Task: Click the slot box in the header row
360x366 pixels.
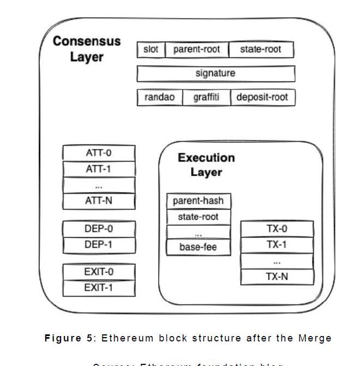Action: coord(151,50)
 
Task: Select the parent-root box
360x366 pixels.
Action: coord(196,50)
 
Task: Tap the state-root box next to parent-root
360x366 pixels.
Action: coord(261,50)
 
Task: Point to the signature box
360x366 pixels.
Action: coord(215,73)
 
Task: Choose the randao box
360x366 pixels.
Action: coord(159,97)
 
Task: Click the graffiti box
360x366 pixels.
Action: coord(206,97)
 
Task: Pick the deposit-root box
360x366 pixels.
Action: coord(262,97)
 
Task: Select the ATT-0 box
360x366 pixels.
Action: coord(99,153)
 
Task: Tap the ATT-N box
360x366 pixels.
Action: coord(99,201)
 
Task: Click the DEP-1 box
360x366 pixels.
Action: coord(99,245)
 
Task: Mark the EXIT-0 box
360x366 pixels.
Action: coord(99,272)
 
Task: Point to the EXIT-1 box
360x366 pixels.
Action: coord(99,287)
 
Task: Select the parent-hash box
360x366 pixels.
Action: coord(198,201)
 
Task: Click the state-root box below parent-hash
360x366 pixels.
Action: coord(198,217)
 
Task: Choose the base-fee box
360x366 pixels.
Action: coord(198,247)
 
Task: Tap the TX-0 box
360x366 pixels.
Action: coord(277,229)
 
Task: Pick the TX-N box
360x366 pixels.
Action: coord(277,277)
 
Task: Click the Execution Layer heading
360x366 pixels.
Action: coord(206,165)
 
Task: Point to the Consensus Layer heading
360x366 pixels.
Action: coord(87,49)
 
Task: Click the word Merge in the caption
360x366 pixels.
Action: coord(315,338)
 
